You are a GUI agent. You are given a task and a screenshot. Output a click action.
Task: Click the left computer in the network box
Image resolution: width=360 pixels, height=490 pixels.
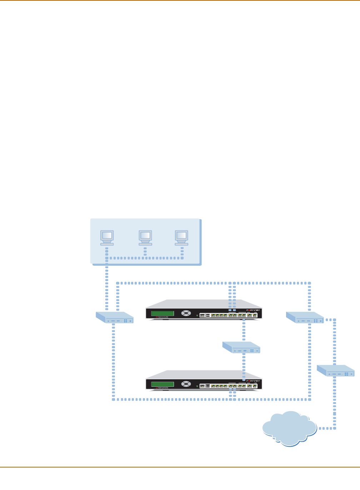click(107, 237)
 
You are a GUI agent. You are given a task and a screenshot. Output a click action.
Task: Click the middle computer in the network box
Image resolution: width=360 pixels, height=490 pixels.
click(145, 237)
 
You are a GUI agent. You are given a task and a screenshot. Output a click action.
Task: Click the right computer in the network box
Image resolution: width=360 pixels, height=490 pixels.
click(181, 237)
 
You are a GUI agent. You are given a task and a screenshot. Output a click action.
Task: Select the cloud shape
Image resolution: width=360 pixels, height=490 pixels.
click(289, 428)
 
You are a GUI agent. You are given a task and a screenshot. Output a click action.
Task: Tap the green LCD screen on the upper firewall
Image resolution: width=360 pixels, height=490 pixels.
click(162, 313)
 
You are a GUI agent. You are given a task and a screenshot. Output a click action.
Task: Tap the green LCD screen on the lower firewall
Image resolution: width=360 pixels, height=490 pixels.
click(162, 384)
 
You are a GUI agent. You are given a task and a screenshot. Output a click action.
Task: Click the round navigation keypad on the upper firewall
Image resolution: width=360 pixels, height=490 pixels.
click(186, 313)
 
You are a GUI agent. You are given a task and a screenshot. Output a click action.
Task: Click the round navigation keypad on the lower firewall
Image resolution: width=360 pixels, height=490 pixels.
click(186, 384)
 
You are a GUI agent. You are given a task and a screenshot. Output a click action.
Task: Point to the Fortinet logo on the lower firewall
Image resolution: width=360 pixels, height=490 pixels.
click(254, 381)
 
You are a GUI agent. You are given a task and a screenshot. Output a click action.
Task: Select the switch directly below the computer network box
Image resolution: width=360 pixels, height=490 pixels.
click(115, 317)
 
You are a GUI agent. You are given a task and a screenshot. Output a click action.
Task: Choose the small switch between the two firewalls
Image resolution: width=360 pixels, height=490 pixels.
click(241, 347)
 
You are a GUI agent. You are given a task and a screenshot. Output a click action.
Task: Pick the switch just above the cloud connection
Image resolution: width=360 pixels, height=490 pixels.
click(336, 370)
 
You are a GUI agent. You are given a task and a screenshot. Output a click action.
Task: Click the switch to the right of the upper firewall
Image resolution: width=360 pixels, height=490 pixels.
click(305, 317)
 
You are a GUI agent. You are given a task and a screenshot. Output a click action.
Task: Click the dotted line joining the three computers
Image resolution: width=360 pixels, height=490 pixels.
click(145, 258)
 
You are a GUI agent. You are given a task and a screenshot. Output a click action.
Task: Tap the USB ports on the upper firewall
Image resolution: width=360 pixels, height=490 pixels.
click(208, 316)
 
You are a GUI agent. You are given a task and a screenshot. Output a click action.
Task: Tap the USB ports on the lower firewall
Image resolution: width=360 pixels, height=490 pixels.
click(208, 386)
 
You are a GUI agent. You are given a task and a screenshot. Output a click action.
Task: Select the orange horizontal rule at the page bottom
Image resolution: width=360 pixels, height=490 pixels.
click(180, 467)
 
